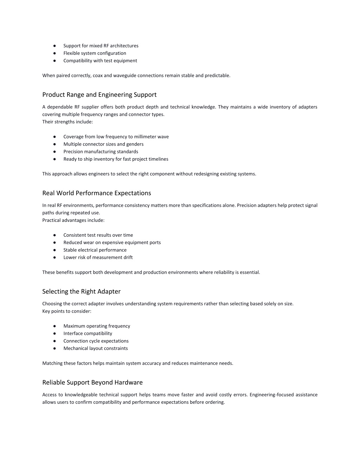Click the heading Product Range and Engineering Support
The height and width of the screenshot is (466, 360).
tap(99, 95)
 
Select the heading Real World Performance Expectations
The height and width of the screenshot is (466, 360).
tap(96, 193)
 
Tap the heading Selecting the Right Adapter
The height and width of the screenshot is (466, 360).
tap(81, 292)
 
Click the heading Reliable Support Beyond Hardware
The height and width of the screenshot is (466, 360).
tap(92, 383)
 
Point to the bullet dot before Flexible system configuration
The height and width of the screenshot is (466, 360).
tap(55, 53)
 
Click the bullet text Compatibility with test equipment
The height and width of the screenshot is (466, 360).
tap(100, 61)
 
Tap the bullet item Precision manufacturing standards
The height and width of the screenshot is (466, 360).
tap(101, 152)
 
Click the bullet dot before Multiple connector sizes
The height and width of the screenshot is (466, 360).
tap(55, 144)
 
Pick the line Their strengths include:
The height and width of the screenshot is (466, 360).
tap(67, 122)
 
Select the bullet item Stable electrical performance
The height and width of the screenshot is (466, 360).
tap(95, 250)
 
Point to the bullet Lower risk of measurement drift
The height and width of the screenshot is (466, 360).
tap(98, 257)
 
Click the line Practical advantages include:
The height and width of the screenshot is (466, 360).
tap(73, 221)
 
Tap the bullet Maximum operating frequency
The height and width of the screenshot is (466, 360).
tap(97, 326)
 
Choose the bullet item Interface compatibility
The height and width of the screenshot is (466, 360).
tap(88, 333)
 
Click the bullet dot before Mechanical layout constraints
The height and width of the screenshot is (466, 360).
tap(55, 349)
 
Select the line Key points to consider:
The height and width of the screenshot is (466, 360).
tap(67, 311)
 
